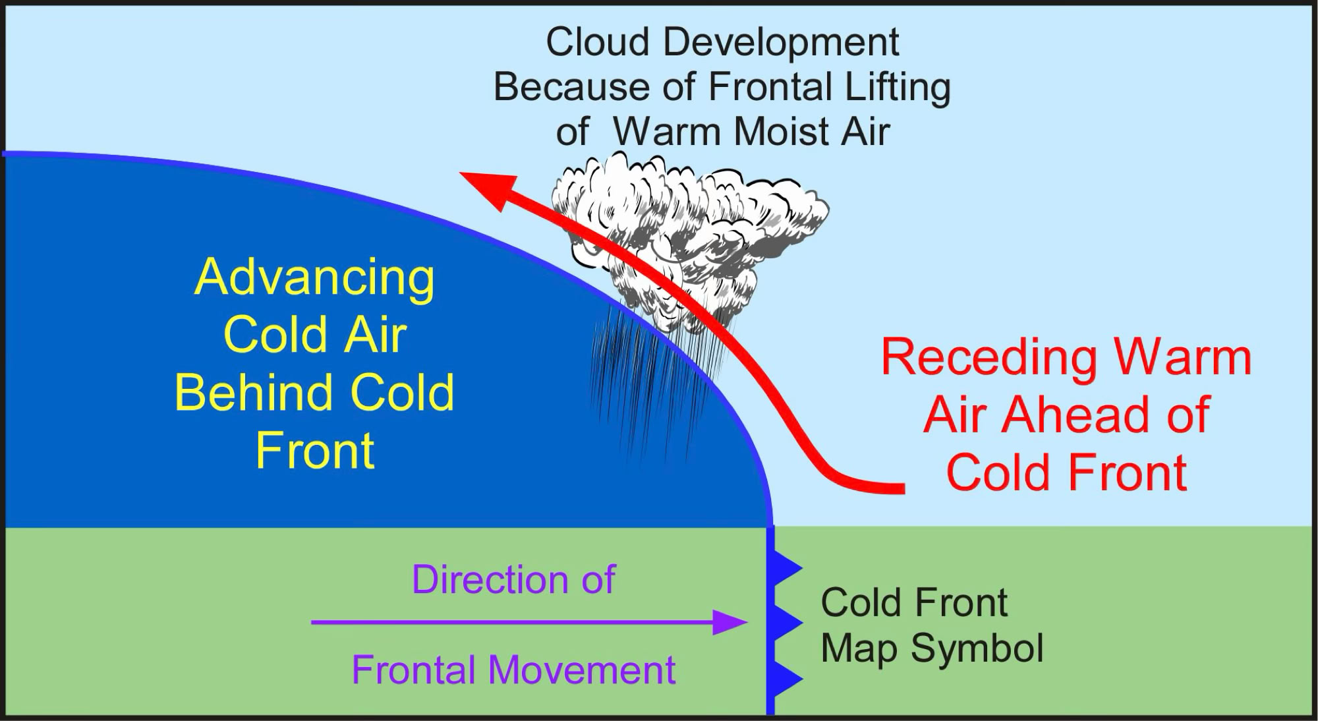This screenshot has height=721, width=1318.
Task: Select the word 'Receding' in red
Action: pyautogui.click(x=988, y=359)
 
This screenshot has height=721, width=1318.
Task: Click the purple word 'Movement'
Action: pyautogui.click(x=582, y=670)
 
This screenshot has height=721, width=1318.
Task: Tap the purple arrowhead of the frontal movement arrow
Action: pyautogui.click(x=730, y=622)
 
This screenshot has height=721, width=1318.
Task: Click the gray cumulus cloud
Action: pyautogui.click(x=689, y=237)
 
